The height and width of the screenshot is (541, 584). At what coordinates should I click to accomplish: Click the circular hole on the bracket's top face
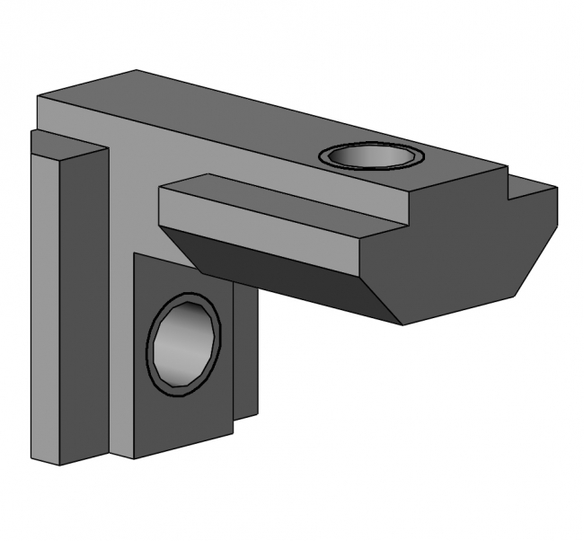tap(370, 156)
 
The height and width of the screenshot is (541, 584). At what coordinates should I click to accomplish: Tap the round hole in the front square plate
tap(182, 344)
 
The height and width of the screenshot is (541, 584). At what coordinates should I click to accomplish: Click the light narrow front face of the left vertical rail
tap(44, 306)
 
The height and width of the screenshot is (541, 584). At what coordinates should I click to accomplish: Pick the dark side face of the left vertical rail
tap(83, 306)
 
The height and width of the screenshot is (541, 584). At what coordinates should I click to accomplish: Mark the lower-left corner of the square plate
tap(135, 457)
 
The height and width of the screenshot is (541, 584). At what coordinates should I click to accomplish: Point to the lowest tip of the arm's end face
tap(403, 324)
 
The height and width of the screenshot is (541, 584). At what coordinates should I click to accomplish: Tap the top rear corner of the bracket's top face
tap(137, 71)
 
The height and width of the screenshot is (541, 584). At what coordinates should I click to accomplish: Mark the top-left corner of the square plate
tap(135, 253)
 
